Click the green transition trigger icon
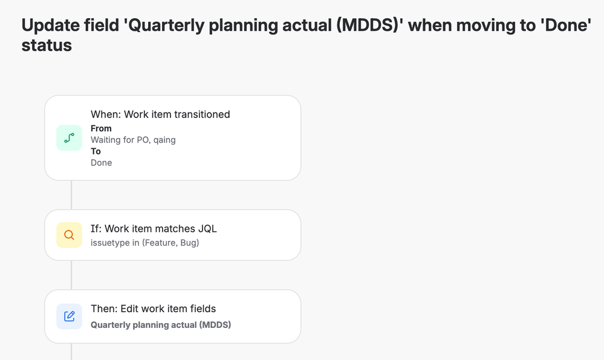point(70,138)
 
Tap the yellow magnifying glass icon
point(70,235)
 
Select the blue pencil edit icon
point(70,316)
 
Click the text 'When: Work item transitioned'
point(160,114)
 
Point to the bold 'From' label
point(101,128)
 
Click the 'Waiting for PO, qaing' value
point(133,140)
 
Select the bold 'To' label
point(96,151)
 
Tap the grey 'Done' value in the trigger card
point(102,163)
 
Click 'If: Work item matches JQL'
point(154,229)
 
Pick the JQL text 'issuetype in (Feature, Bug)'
point(145,243)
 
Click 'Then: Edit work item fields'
point(154,309)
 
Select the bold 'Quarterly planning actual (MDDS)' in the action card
point(161,325)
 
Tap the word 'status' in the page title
point(47,45)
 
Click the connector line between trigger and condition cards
point(71,195)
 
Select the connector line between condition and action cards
point(71,275)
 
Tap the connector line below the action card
point(71,352)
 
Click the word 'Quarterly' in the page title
point(164,26)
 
